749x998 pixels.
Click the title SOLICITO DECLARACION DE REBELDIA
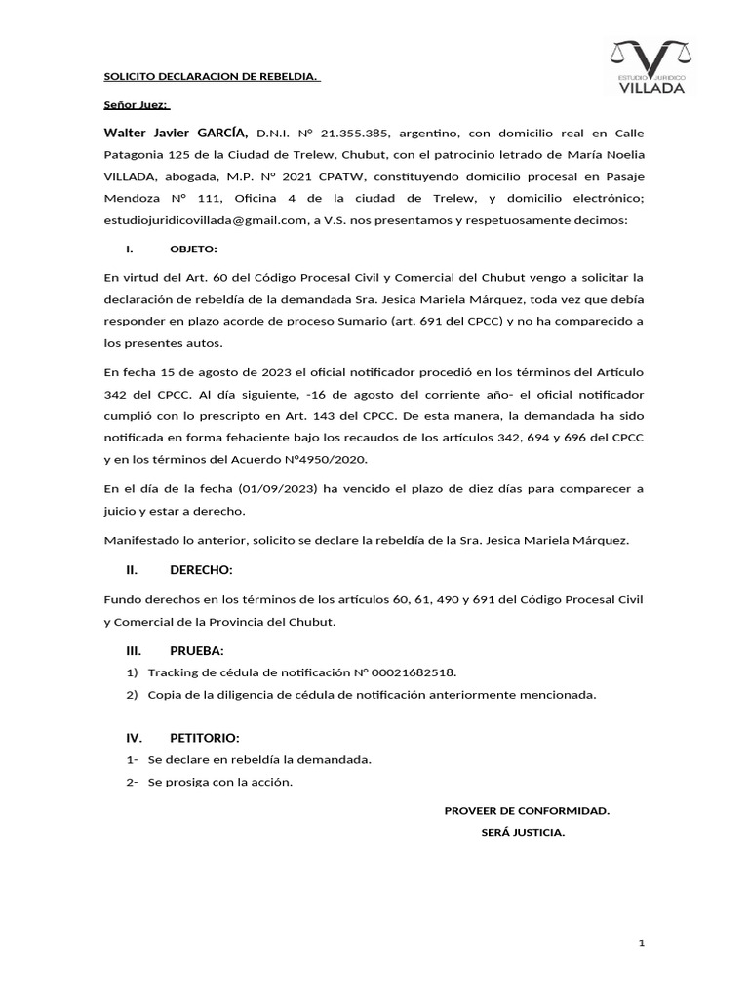click(212, 78)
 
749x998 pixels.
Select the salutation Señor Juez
click(137, 104)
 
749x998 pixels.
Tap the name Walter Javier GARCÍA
click(177, 133)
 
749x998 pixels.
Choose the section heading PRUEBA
click(197, 650)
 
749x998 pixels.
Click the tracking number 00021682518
click(414, 672)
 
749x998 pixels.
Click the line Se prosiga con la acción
click(219, 782)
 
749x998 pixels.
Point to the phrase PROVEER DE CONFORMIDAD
click(527, 810)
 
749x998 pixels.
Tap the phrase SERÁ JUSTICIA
click(523, 833)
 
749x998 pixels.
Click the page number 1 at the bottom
click(642, 943)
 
